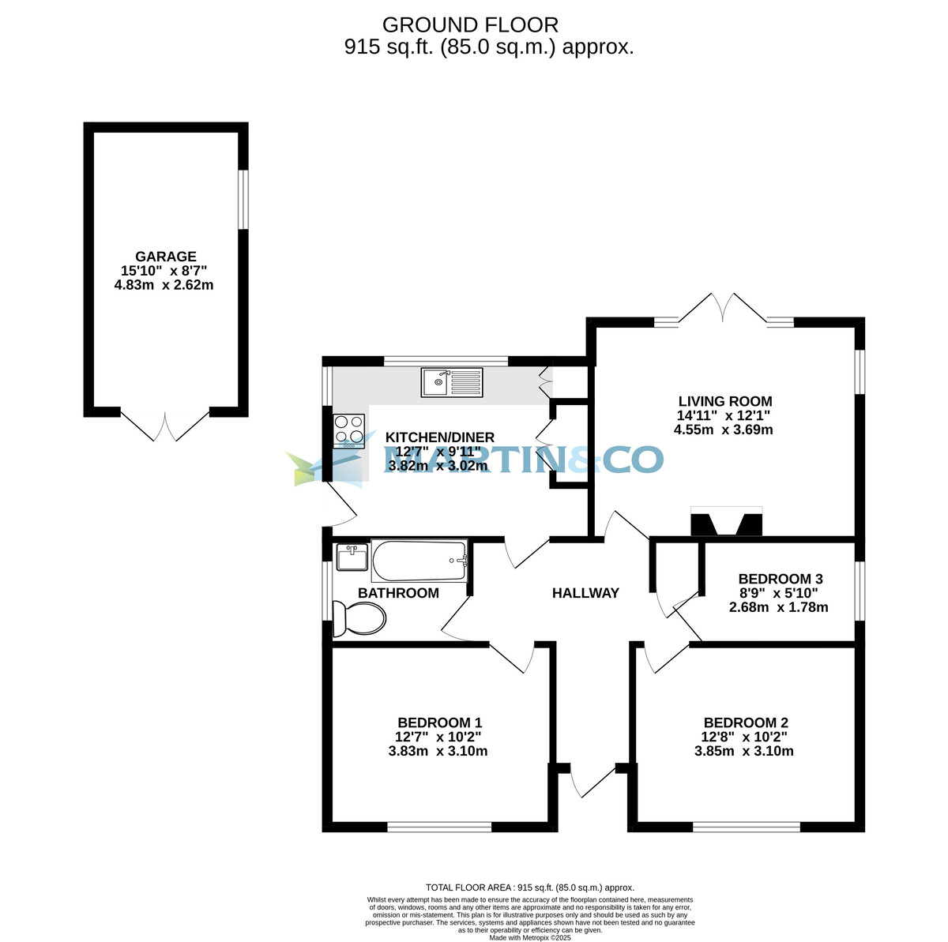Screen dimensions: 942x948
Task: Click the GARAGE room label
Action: (x=165, y=257)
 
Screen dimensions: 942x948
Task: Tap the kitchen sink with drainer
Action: (x=452, y=382)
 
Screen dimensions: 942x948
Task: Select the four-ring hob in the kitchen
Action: (x=349, y=431)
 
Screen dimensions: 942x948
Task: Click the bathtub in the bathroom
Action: (x=419, y=561)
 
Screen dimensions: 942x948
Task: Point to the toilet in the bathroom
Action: (x=359, y=617)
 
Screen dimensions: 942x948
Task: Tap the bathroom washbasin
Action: (x=351, y=557)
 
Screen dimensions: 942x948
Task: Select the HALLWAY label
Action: (x=585, y=593)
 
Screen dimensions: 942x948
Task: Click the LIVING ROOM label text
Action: (x=724, y=401)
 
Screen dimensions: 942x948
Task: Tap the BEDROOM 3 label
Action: (x=775, y=579)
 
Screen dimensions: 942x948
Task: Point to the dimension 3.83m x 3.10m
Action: (x=438, y=751)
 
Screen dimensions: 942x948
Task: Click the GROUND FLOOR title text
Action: (x=470, y=25)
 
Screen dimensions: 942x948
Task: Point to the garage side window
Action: (x=244, y=200)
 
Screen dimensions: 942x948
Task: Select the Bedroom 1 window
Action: (x=439, y=828)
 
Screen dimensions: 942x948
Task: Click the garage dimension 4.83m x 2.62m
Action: (x=164, y=285)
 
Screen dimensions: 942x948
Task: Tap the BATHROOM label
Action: (x=398, y=593)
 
